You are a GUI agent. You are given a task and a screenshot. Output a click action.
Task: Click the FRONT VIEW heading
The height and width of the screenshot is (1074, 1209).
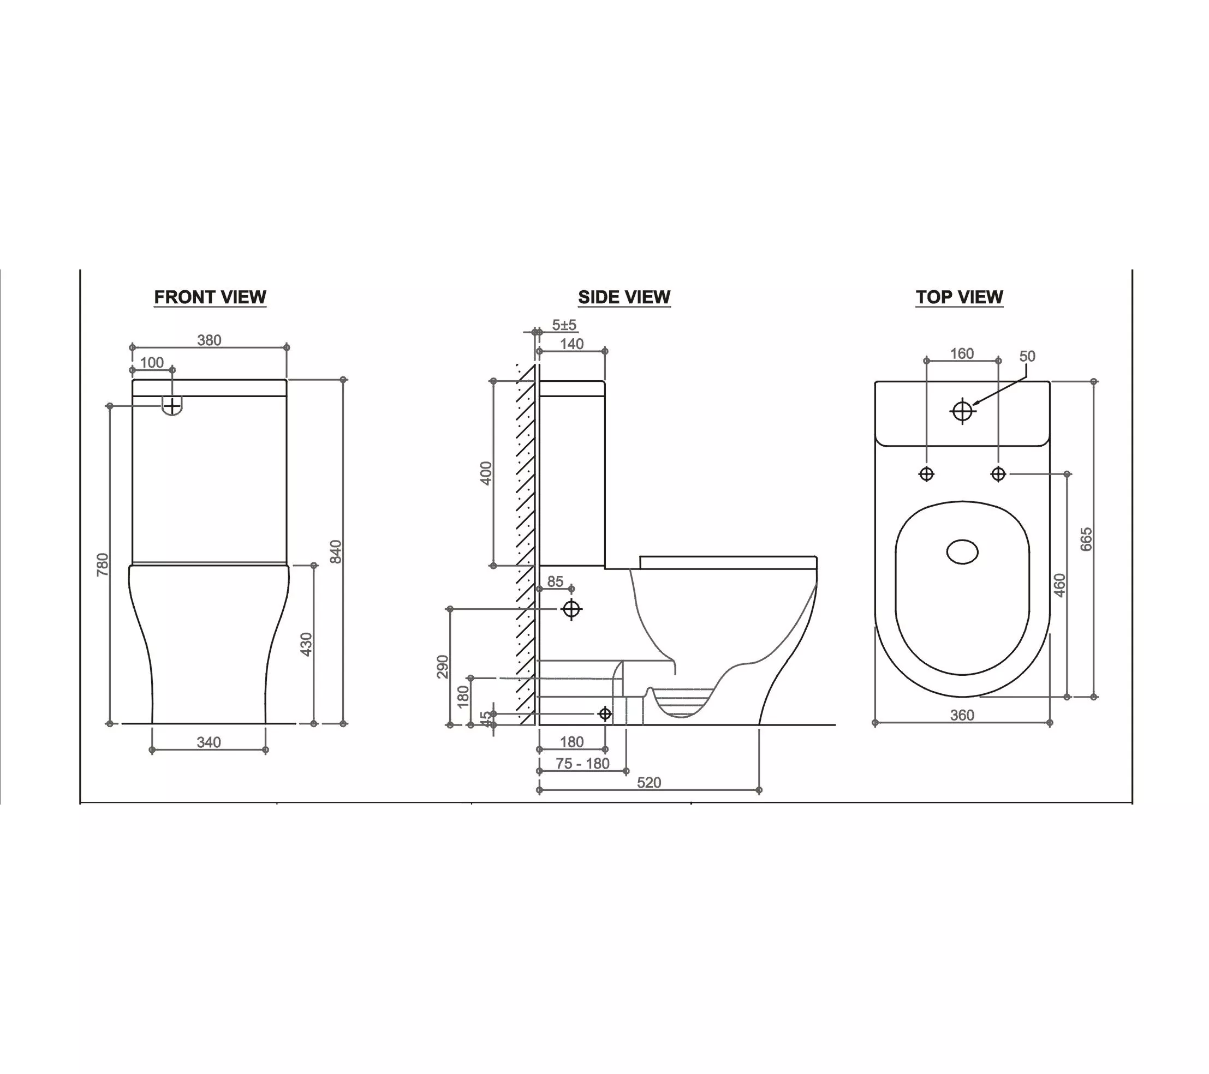point(210,297)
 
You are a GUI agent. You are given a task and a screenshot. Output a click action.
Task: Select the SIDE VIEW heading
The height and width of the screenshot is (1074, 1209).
point(624,297)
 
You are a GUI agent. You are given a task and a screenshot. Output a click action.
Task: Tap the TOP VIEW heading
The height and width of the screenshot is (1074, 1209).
point(960,297)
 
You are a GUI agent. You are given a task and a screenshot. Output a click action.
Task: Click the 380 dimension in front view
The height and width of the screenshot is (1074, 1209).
point(210,340)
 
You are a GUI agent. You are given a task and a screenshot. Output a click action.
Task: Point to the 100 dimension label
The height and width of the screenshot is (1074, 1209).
point(152,362)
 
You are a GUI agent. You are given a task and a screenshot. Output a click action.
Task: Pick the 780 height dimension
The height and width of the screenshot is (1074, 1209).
point(103,565)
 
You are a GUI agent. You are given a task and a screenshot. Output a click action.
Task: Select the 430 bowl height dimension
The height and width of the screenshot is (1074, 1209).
point(306,644)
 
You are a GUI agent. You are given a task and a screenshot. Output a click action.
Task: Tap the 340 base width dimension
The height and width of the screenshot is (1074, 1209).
point(209,742)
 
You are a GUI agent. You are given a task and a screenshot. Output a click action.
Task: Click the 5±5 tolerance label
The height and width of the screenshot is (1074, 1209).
point(564,325)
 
